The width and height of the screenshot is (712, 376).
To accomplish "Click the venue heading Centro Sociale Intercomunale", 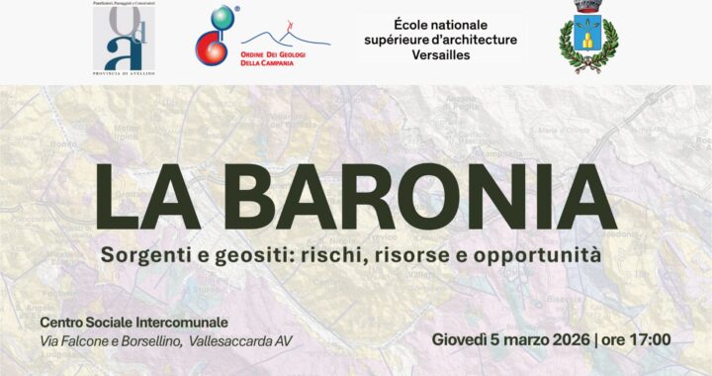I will pyautogui.click(x=134, y=323).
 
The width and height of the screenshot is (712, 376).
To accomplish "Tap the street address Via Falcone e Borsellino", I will pyautogui.click(x=109, y=341).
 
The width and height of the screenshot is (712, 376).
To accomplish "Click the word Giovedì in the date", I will pyautogui.click(x=461, y=339).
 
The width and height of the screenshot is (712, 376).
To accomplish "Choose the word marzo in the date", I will pyautogui.click(x=517, y=339).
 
